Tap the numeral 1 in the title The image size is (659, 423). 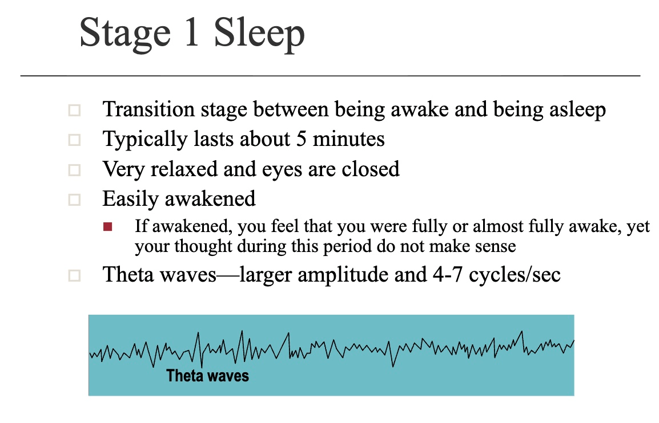click(x=192, y=32)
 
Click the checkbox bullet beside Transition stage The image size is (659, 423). click(x=74, y=111)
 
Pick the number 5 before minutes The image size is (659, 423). click(x=302, y=139)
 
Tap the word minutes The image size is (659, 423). click(x=348, y=139)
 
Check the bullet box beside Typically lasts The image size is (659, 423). click(x=74, y=140)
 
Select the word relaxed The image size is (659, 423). click(x=184, y=169)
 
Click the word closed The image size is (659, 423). click(x=370, y=169)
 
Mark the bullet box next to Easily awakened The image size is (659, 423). click(x=74, y=200)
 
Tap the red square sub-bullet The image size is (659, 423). click(x=107, y=227)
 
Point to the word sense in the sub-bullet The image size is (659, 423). click(x=495, y=246)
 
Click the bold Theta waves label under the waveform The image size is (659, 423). click(x=208, y=376)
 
